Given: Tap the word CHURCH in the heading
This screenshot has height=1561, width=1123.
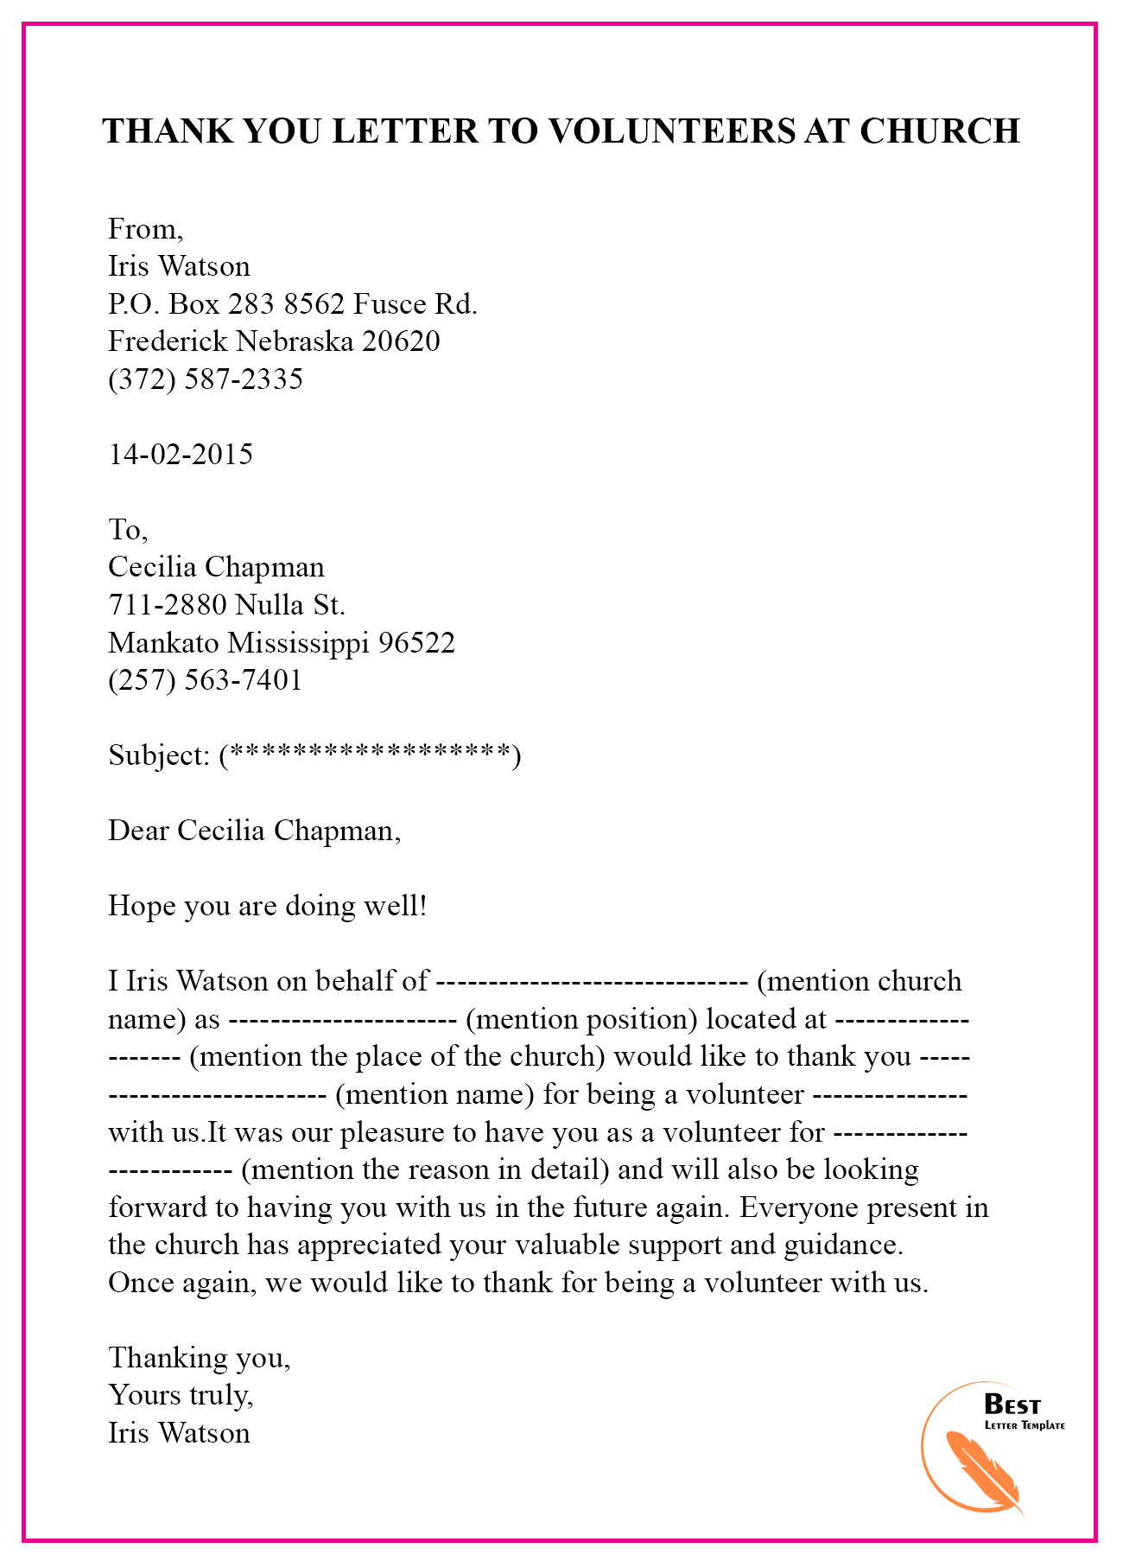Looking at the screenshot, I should point(940,131).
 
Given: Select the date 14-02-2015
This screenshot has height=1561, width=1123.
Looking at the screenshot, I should point(181,454).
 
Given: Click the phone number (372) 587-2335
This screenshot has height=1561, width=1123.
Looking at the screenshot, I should point(206,379).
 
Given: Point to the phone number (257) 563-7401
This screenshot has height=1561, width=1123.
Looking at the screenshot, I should point(206,679).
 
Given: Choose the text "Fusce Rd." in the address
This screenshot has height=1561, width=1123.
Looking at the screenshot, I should point(416,303).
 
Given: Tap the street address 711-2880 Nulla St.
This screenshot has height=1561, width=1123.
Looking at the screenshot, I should point(226,604).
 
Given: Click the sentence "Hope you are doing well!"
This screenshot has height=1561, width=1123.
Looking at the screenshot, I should point(268,906).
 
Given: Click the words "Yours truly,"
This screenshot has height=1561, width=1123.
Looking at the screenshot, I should point(181,1395).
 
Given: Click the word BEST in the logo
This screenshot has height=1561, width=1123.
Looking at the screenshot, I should point(1012,1405).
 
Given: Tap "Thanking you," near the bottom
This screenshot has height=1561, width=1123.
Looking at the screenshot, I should point(200,1358).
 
